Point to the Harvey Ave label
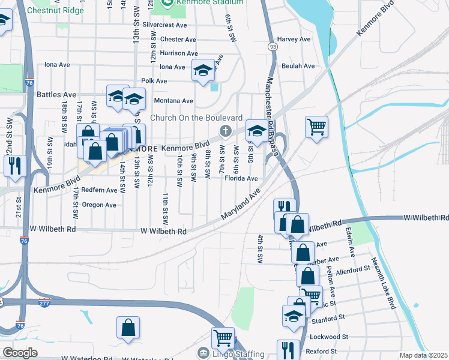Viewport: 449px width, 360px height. click(294, 39)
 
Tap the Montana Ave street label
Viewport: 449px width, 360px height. click(173, 101)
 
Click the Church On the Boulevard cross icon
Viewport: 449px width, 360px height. click(226, 131)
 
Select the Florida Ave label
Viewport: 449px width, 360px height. click(241, 178)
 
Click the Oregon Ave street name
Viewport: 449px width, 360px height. click(100, 205)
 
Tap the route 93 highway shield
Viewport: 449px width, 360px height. click(273, 47)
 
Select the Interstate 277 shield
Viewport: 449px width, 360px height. click(44, 304)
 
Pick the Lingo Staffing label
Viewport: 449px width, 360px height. click(239, 353)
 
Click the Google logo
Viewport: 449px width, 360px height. click(20, 353)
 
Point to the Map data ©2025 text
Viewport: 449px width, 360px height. click(423, 355)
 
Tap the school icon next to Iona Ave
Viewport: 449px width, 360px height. click(203, 71)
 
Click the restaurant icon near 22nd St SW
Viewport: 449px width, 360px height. click(15, 166)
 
